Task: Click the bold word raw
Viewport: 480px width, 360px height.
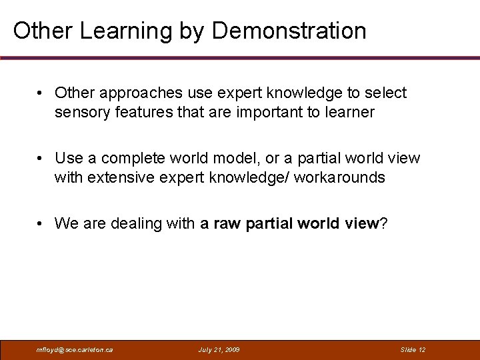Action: tap(227, 223)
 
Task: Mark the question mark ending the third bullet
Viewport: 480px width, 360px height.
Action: tap(383, 223)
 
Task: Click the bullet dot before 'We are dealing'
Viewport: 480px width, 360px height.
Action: tap(41, 223)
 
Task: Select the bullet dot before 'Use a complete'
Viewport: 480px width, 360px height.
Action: tap(41, 159)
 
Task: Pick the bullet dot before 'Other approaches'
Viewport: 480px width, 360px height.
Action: tap(41, 93)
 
